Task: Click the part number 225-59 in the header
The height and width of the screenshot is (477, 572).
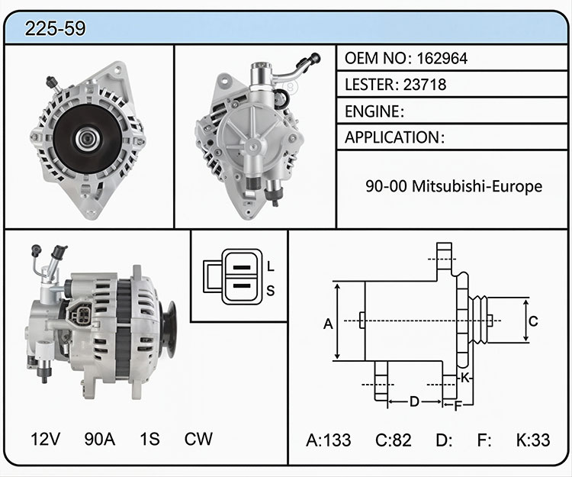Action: click(x=55, y=28)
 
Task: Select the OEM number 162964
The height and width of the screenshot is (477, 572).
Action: click(x=442, y=59)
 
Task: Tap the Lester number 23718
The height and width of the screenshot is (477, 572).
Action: click(x=425, y=85)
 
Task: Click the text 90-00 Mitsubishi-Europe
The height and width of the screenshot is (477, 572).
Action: click(x=454, y=186)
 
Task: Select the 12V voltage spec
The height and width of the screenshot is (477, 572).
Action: click(x=46, y=439)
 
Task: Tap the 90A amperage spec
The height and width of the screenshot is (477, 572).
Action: click(x=100, y=439)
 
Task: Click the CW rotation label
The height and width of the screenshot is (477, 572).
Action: click(x=198, y=439)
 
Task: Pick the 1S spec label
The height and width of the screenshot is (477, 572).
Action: click(x=149, y=439)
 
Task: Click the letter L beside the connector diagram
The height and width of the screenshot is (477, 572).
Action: click(x=270, y=266)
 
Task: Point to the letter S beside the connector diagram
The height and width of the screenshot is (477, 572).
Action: click(x=270, y=291)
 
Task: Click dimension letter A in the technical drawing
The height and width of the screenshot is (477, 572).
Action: click(x=328, y=324)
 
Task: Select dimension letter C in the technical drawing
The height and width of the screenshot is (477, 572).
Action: click(x=533, y=321)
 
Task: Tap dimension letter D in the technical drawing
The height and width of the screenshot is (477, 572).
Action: click(x=414, y=401)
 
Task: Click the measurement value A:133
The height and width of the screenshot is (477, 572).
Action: click(x=328, y=440)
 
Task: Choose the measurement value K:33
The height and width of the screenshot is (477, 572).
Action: click(x=533, y=440)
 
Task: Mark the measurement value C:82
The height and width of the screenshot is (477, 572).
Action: click(x=394, y=440)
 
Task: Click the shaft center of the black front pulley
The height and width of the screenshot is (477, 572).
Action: click(x=88, y=138)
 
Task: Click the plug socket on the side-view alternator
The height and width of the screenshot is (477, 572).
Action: click(x=81, y=314)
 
